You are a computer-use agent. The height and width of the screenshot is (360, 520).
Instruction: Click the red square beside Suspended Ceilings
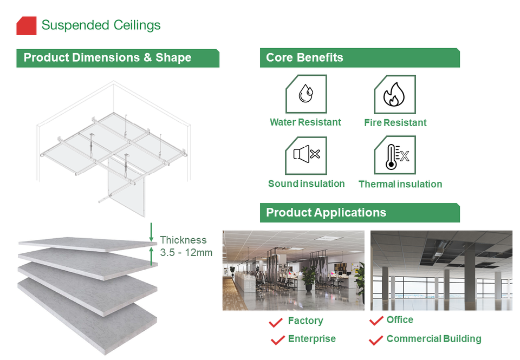pyautogui.click(x=27, y=25)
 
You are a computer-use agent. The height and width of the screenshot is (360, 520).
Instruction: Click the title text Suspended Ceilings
pyautogui.click(x=101, y=25)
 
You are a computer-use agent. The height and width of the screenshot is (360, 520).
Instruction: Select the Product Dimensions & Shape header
pyautogui.click(x=107, y=58)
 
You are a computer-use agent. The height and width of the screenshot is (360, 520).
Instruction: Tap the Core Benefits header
pyautogui.click(x=304, y=58)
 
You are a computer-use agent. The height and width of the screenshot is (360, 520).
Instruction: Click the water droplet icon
pyautogui.click(x=305, y=94)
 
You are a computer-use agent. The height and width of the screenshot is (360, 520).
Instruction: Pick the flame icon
pyautogui.click(x=394, y=95)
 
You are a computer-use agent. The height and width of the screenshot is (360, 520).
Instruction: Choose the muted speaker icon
pyautogui.click(x=306, y=155)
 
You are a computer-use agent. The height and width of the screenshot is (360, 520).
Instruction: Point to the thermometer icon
pyautogui.click(x=394, y=155)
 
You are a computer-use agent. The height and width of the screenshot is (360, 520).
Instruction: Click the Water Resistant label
pyautogui.click(x=305, y=122)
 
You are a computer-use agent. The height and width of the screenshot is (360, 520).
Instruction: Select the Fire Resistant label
pyautogui.click(x=395, y=123)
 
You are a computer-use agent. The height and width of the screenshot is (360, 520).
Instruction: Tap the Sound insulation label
pyautogui.click(x=306, y=184)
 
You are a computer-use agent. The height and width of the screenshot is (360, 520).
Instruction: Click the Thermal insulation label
pyautogui.click(x=400, y=184)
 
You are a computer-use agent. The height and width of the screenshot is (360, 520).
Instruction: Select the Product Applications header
pyautogui.click(x=326, y=213)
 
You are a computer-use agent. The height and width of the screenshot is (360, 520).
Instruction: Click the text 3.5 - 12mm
pyautogui.click(x=186, y=252)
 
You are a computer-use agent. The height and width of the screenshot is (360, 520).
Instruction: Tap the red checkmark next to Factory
pyautogui.click(x=276, y=323)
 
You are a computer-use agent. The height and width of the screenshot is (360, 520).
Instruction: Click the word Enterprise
pyautogui.click(x=311, y=339)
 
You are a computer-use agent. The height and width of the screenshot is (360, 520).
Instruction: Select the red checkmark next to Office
pyautogui.click(x=376, y=321)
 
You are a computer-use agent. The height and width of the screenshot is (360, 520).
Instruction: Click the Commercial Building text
pyautogui.click(x=433, y=339)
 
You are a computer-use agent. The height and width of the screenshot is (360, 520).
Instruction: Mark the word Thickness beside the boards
pyautogui.click(x=183, y=240)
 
